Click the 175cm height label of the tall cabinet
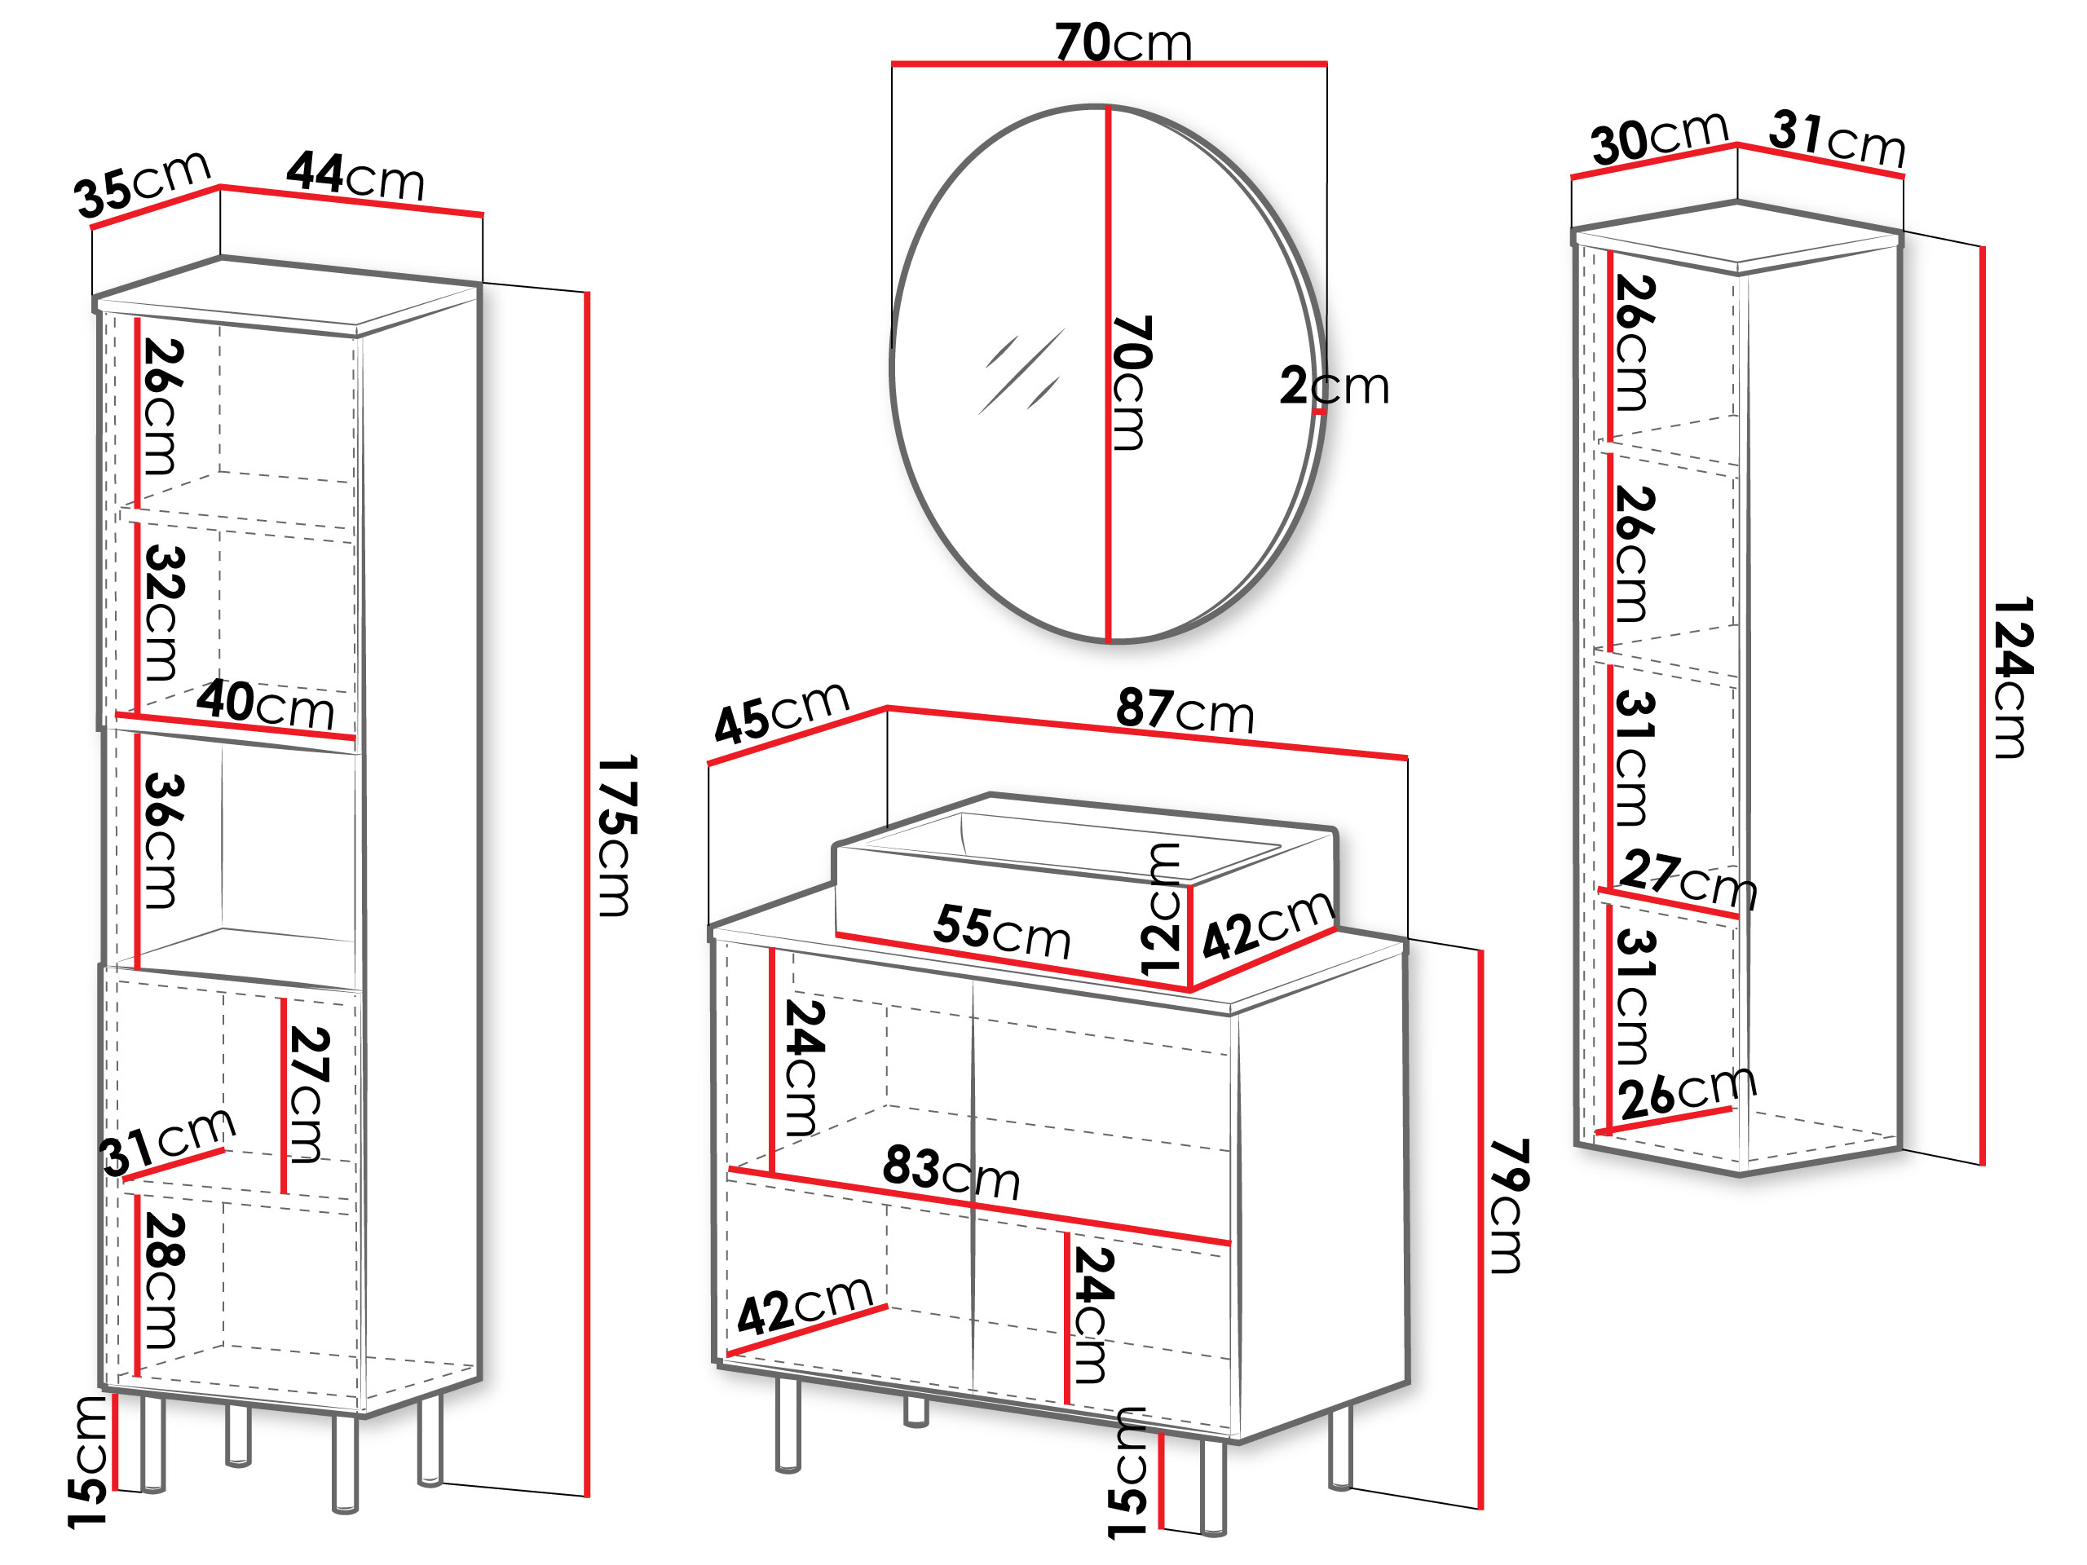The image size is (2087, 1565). (x=619, y=835)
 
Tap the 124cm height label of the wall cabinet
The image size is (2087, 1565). (x=2013, y=677)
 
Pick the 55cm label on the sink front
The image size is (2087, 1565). (x=1002, y=931)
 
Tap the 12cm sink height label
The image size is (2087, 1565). (x=1162, y=910)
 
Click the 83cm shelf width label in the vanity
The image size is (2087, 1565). (x=951, y=1173)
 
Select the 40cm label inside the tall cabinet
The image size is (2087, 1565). (x=265, y=705)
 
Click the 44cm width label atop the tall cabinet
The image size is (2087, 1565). (x=355, y=175)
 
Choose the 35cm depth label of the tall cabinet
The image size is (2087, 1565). (x=143, y=184)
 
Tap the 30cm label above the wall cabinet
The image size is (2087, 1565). (x=1660, y=139)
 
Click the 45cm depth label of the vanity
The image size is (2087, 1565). (x=782, y=712)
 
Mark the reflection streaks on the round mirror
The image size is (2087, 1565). (x=1021, y=371)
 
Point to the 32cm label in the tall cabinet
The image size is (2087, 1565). (x=162, y=612)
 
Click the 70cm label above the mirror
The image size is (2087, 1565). (x=1123, y=42)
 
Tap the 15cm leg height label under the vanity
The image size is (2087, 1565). (x=1127, y=1474)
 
